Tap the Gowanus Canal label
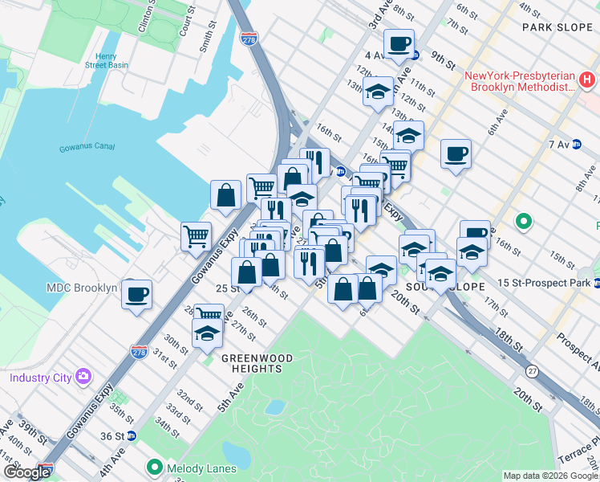tap(87, 148)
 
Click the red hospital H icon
tap(586, 80)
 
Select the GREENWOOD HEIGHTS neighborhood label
tap(252, 363)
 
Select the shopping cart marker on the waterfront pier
tap(196, 236)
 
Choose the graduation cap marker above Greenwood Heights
tap(207, 333)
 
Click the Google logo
tap(26, 472)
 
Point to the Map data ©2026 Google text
tap(550, 476)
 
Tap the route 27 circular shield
tap(532, 371)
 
